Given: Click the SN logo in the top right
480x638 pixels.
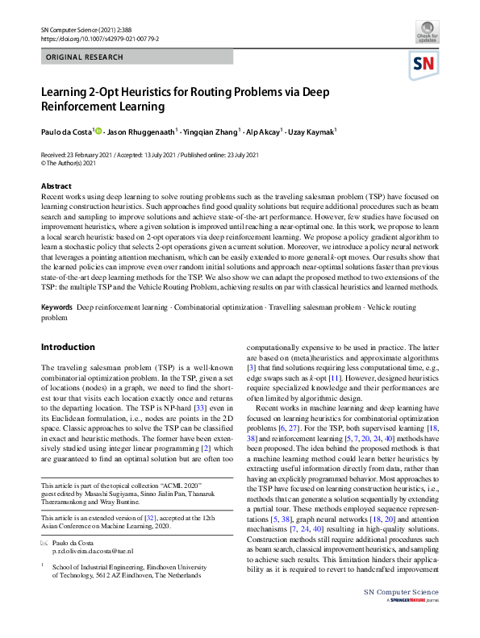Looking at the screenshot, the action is (x=425, y=64).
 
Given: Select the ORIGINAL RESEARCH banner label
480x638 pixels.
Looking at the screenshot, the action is (x=86, y=57).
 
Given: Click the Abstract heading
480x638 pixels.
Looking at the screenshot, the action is (x=56, y=186).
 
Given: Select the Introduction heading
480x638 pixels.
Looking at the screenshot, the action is (x=68, y=347).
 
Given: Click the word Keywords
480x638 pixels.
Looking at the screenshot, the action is (x=56, y=307).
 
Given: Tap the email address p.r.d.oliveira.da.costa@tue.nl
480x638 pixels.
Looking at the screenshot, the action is (x=93, y=550).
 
